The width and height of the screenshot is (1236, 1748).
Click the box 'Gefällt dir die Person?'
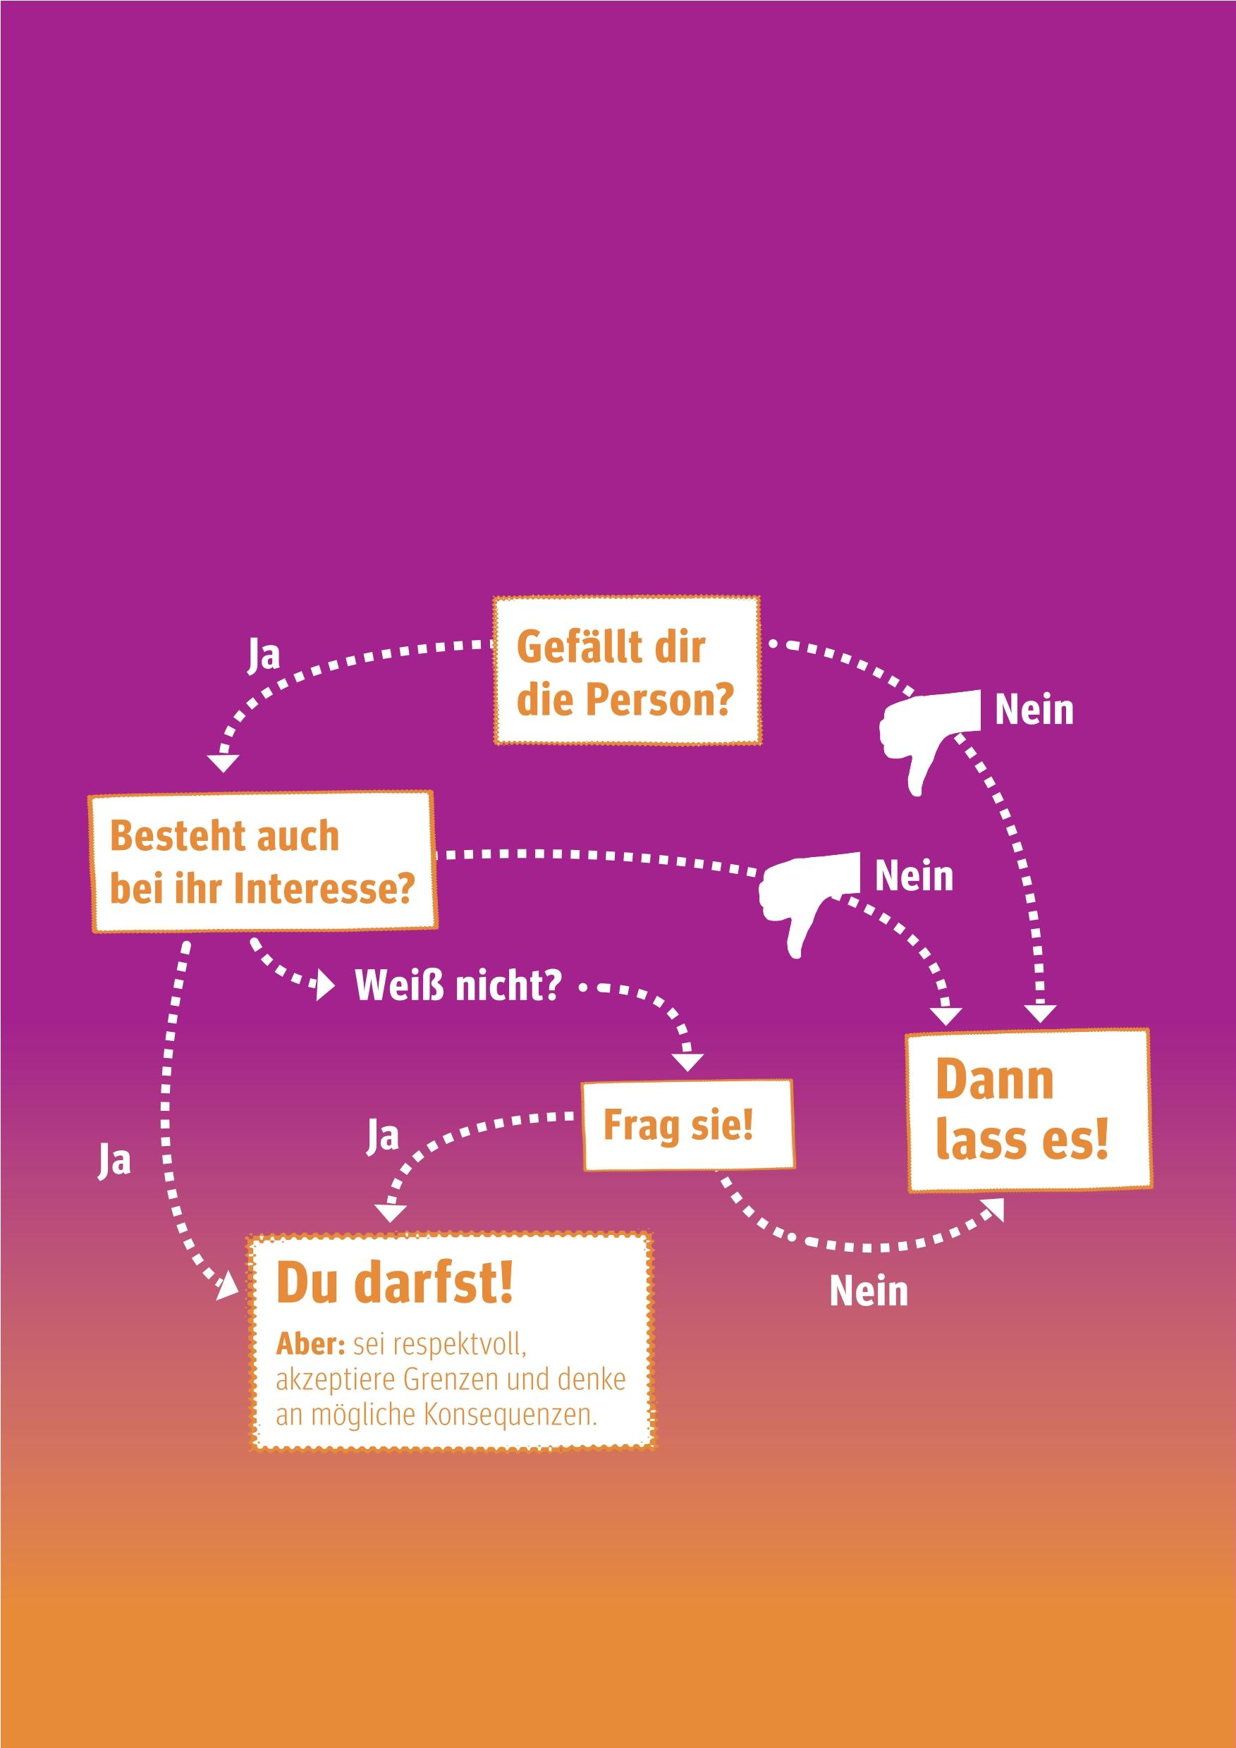tap(626, 671)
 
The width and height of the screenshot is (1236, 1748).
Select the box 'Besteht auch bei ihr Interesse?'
tap(263, 861)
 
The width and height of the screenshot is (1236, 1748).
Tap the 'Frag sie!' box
tap(687, 1125)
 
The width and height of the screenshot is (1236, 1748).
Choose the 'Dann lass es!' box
tap(1029, 1111)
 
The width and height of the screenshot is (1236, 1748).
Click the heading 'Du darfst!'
tap(394, 1283)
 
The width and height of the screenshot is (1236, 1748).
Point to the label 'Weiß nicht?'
tap(458, 986)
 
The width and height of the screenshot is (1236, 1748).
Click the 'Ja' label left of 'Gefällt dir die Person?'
tap(264, 655)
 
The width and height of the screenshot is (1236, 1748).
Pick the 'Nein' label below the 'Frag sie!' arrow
tap(868, 1292)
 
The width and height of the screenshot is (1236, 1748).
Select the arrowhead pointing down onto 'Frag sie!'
tap(687, 1062)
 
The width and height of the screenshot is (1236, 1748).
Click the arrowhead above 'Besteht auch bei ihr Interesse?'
tap(223, 762)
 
